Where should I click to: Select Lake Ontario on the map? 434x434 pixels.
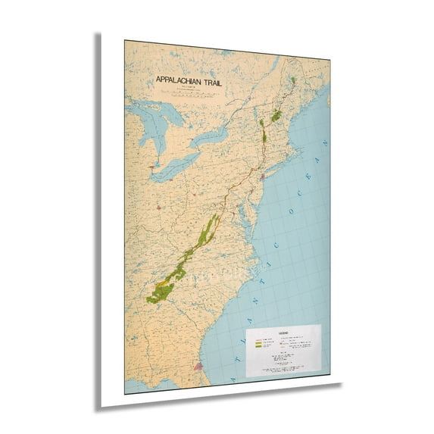pyautogui.click(x=208, y=139)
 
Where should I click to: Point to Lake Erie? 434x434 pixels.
pyautogui.click(x=173, y=169)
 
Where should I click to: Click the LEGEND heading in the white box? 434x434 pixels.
pyautogui.click(x=282, y=333)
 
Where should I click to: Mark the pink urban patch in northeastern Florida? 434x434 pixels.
pyautogui.click(x=199, y=366)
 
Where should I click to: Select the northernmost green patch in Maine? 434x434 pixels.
pyautogui.click(x=292, y=80)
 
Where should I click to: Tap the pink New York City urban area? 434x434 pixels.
pyautogui.click(x=262, y=176)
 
